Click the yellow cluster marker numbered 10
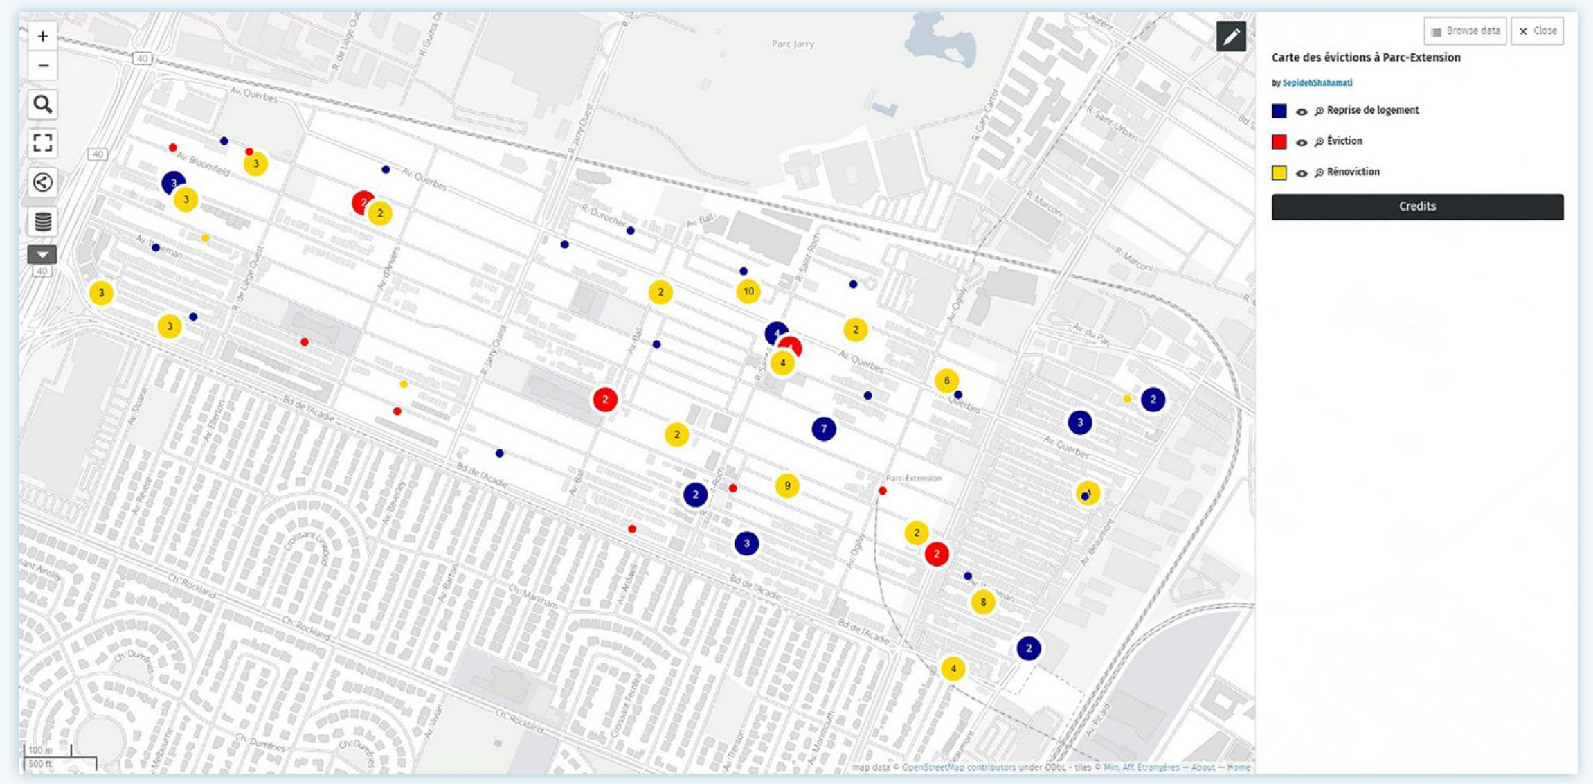748,292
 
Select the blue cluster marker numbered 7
824,429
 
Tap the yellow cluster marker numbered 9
787,486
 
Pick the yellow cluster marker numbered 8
983,602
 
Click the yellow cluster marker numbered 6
946,380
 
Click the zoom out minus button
43,66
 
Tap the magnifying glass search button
43,105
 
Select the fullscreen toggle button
43,143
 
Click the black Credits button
1417,206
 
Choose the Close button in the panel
1538,31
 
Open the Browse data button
1465,31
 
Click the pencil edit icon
1231,37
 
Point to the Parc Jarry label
793,44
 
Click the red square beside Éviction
1279,142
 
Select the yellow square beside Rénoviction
1279,172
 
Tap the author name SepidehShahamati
1317,83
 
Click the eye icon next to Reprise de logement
1302,112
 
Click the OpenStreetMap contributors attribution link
959,767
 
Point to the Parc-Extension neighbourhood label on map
914,479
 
